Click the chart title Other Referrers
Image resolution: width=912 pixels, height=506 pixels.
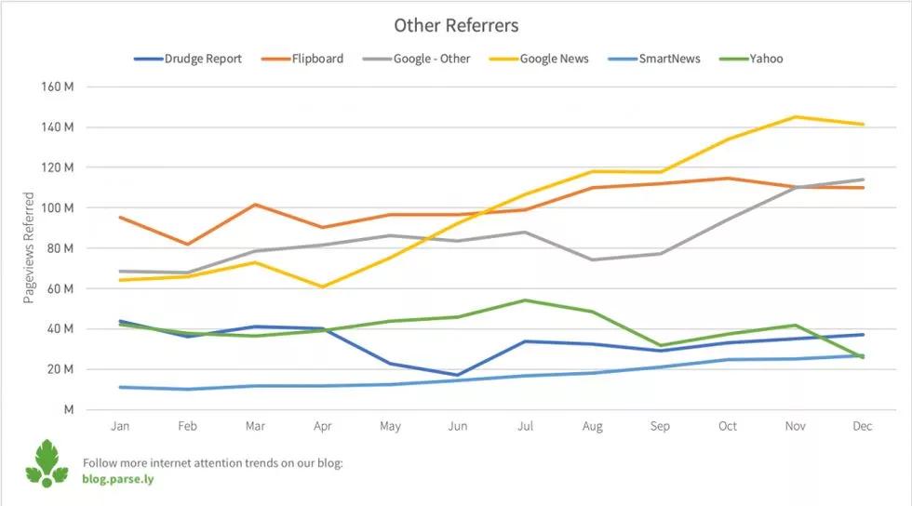(x=455, y=25)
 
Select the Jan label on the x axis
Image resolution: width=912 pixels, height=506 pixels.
(x=120, y=426)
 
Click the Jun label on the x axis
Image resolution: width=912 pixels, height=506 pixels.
(x=458, y=426)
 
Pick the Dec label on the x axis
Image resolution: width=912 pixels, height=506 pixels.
(x=863, y=426)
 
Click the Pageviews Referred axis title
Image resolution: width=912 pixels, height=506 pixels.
(x=29, y=247)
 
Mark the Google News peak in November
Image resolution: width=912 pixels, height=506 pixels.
(x=796, y=117)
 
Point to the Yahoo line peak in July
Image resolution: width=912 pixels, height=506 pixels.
(x=525, y=300)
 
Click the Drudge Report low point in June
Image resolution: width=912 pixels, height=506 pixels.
(x=458, y=375)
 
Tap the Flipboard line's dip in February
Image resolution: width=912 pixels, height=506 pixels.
(x=188, y=245)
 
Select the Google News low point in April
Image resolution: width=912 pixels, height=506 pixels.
(x=323, y=286)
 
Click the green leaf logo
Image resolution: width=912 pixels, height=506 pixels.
(x=47, y=463)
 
